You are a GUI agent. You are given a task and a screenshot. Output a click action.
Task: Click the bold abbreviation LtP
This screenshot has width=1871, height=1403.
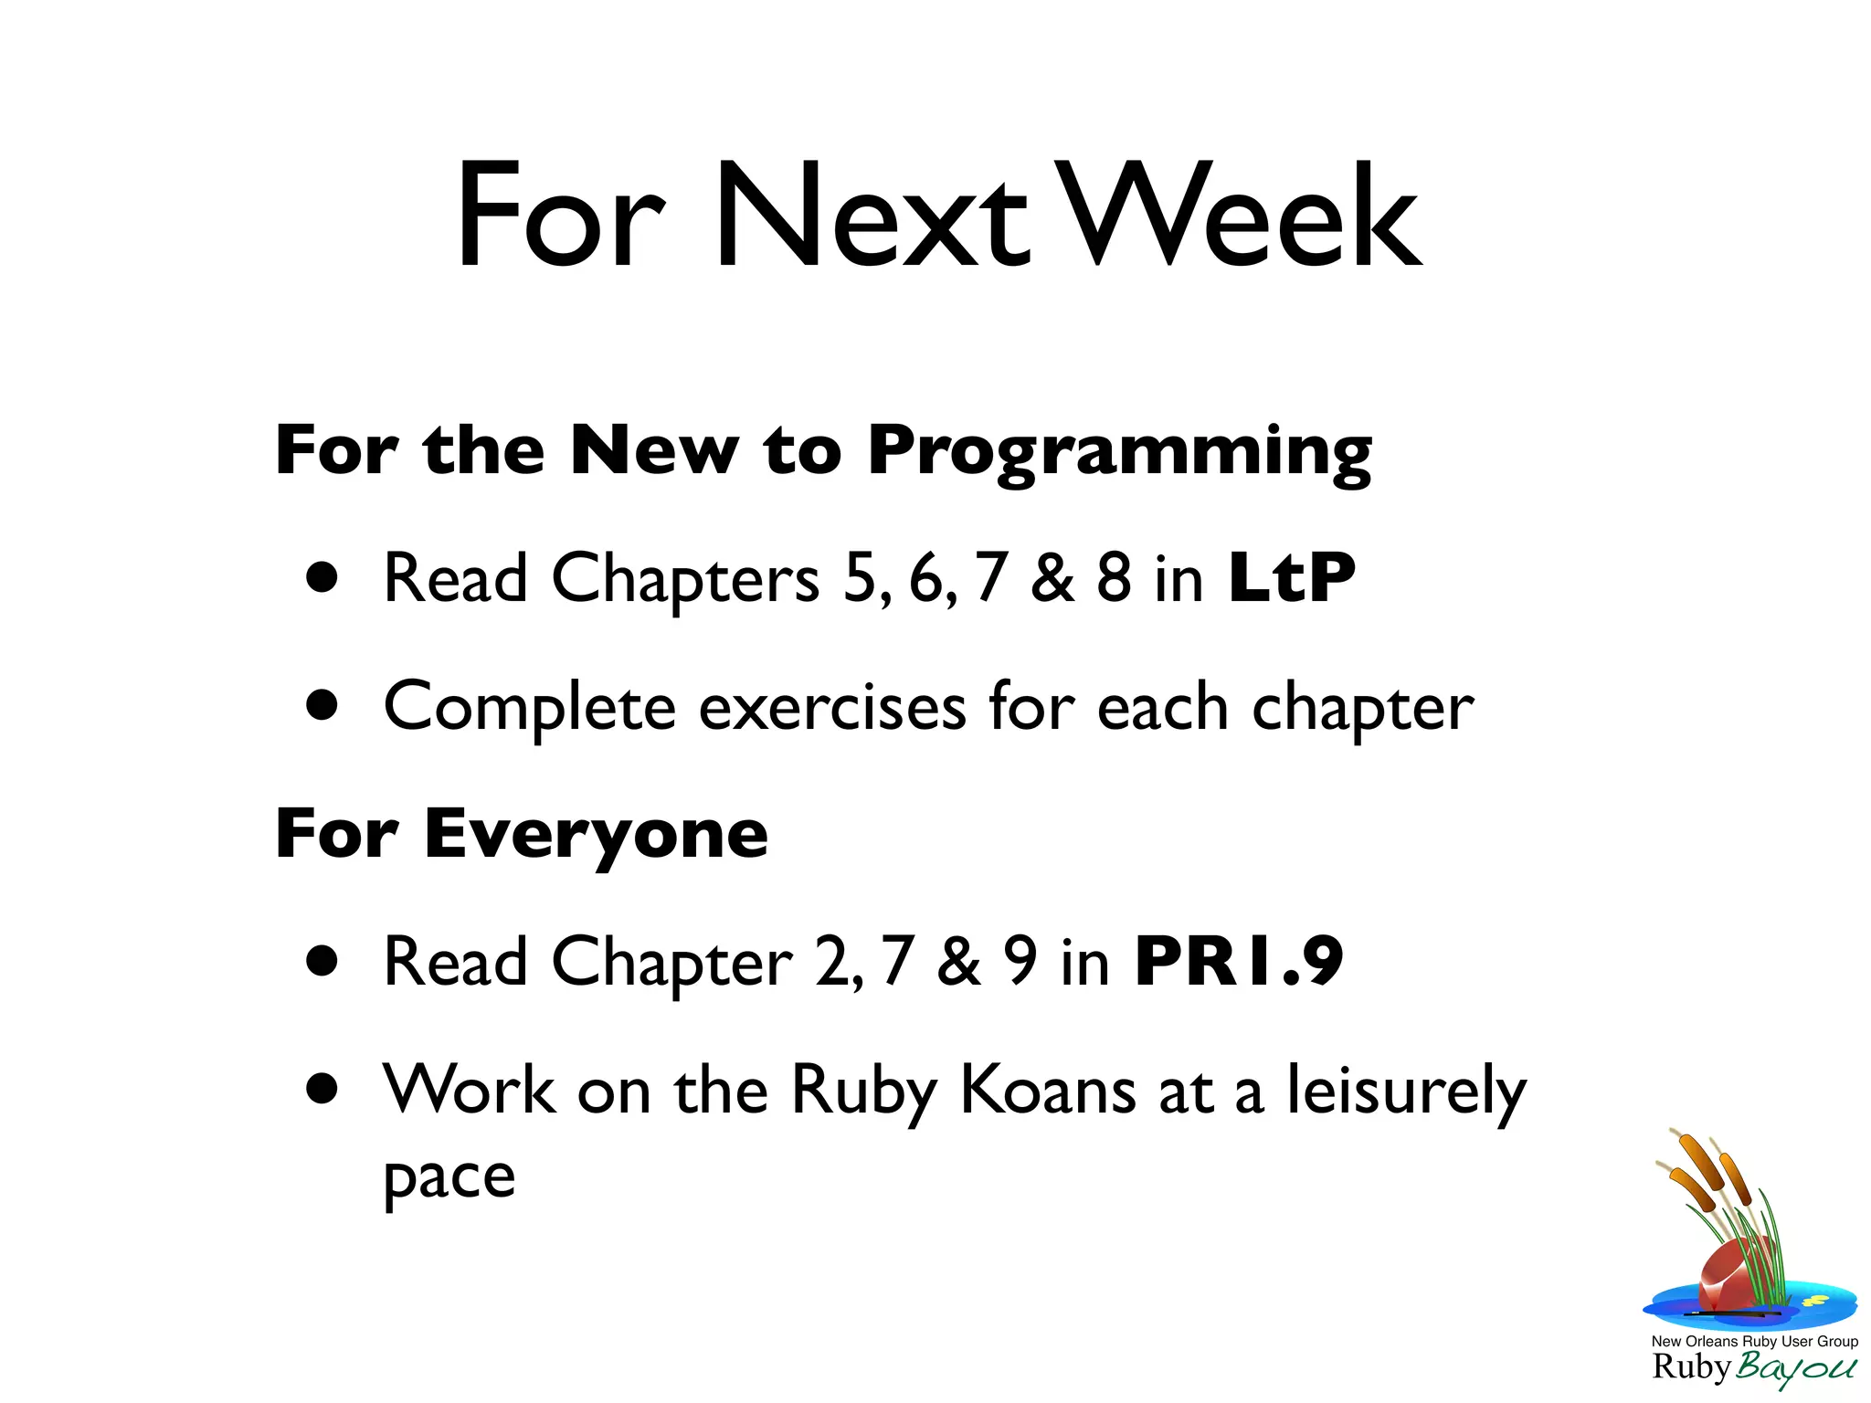click(x=1292, y=578)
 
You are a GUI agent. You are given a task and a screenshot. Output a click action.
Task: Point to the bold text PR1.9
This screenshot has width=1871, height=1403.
click(x=1238, y=962)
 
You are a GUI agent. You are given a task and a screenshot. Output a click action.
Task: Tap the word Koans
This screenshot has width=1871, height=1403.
click(x=1048, y=1090)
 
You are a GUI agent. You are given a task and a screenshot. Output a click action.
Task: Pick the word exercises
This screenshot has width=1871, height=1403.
click(x=832, y=707)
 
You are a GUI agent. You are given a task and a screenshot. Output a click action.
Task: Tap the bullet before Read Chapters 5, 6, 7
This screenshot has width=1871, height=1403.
click(x=322, y=578)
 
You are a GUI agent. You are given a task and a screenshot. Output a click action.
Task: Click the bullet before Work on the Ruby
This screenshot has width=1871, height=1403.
click(x=322, y=1089)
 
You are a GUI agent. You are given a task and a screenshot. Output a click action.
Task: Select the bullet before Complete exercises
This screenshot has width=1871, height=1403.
click(x=322, y=705)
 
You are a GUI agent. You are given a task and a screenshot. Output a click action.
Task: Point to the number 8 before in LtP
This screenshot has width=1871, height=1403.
click(x=1114, y=578)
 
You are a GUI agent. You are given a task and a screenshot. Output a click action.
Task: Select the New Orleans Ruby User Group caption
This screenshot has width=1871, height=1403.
click(x=1754, y=1342)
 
